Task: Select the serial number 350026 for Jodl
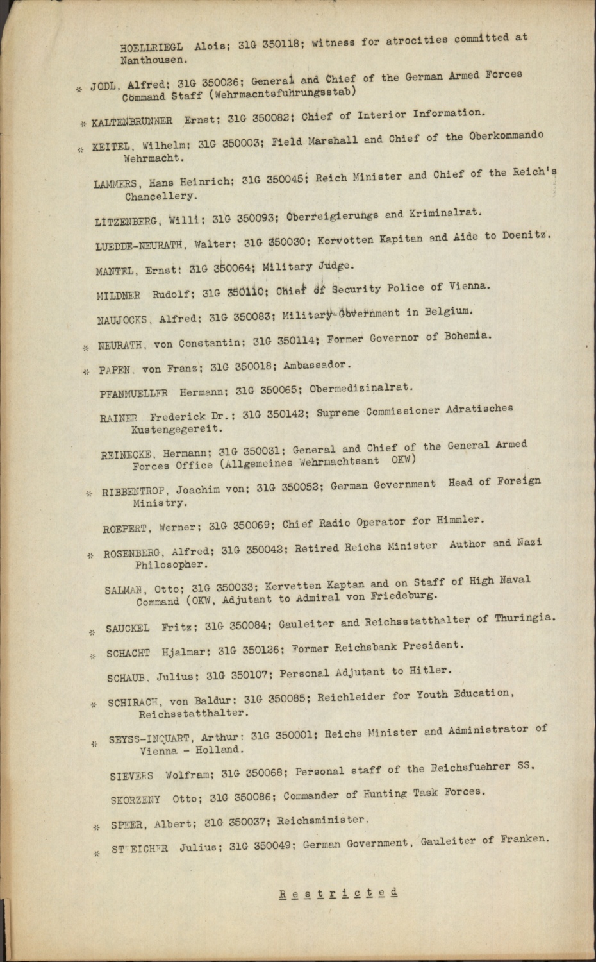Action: [x=220, y=83]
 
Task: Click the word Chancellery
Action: [x=161, y=196]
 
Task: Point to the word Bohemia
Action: [x=468, y=335]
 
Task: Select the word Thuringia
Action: [x=524, y=618]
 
